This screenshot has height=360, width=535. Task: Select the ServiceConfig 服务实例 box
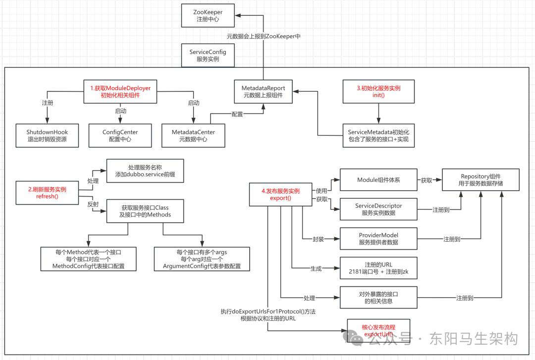tap(208, 55)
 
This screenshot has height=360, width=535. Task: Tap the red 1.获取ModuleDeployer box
tap(120, 92)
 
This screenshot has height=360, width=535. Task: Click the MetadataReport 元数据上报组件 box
tap(263, 92)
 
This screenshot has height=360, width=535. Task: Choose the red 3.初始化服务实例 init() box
tap(378, 92)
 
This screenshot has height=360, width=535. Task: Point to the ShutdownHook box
tap(47, 136)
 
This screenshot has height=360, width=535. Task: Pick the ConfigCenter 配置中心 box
tap(120, 136)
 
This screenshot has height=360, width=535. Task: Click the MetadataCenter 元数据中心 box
tap(193, 136)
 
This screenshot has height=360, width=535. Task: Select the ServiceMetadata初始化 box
tap(378, 136)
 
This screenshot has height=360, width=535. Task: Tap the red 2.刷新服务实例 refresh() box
tap(47, 193)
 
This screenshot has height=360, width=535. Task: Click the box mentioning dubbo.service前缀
tap(145, 171)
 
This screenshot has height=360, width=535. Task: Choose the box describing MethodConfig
tap(88, 259)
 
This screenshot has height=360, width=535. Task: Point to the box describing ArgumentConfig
tap(202, 259)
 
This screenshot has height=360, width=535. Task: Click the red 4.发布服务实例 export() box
tap(280, 195)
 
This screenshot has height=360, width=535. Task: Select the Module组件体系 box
tap(378, 180)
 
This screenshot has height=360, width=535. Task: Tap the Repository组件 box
tap(481, 180)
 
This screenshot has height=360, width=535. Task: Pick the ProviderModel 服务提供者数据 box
tap(378, 239)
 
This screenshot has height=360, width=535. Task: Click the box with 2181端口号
tap(378, 268)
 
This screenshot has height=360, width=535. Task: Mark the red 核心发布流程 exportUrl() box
tap(378, 331)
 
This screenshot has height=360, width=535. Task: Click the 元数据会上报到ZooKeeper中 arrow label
tap(264, 36)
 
